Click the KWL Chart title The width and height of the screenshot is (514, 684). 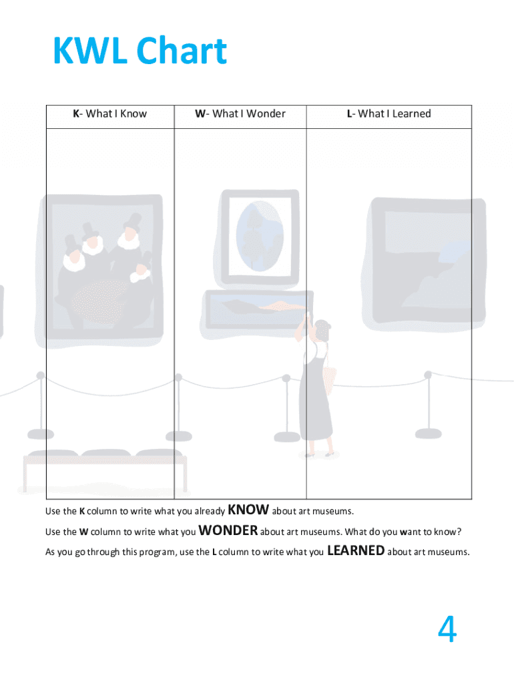(140, 51)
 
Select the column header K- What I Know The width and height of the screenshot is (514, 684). (110, 114)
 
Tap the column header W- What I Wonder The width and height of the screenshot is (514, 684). (240, 114)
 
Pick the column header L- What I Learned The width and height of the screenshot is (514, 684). (389, 114)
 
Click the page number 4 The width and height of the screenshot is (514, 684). (447, 630)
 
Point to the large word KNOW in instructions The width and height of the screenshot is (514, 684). (248, 510)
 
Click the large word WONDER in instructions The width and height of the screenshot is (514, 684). (228, 531)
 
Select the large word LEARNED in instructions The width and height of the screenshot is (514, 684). (356, 551)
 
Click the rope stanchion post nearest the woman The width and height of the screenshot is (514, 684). (287, 407)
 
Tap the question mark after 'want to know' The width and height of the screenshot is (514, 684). (459, 532)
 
